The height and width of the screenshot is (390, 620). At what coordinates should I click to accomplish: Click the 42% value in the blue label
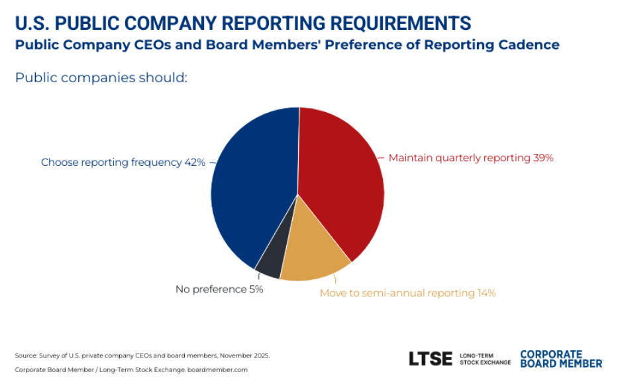pyautogui.click(x=195, y=162)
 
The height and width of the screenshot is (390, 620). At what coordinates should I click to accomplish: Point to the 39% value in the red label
pyautogui.click(x=542, y=158)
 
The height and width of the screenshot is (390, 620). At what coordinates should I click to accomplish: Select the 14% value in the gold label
pyautogui.click(x=485, y=292)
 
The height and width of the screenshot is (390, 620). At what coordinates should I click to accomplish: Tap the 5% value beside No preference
pyautogui.click(x=256, y=289)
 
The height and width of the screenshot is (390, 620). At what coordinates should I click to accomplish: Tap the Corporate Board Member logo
pyautogui.click(x=561, y=359)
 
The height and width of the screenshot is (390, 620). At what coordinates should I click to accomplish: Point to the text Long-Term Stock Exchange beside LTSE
pyautogui.click(x=485, y=359)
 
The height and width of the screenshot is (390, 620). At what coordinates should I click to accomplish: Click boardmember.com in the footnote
pyautogui.click(x=225, y=369)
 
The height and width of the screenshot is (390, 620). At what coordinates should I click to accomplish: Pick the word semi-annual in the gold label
pyautogui.click(x=394, y=292)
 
